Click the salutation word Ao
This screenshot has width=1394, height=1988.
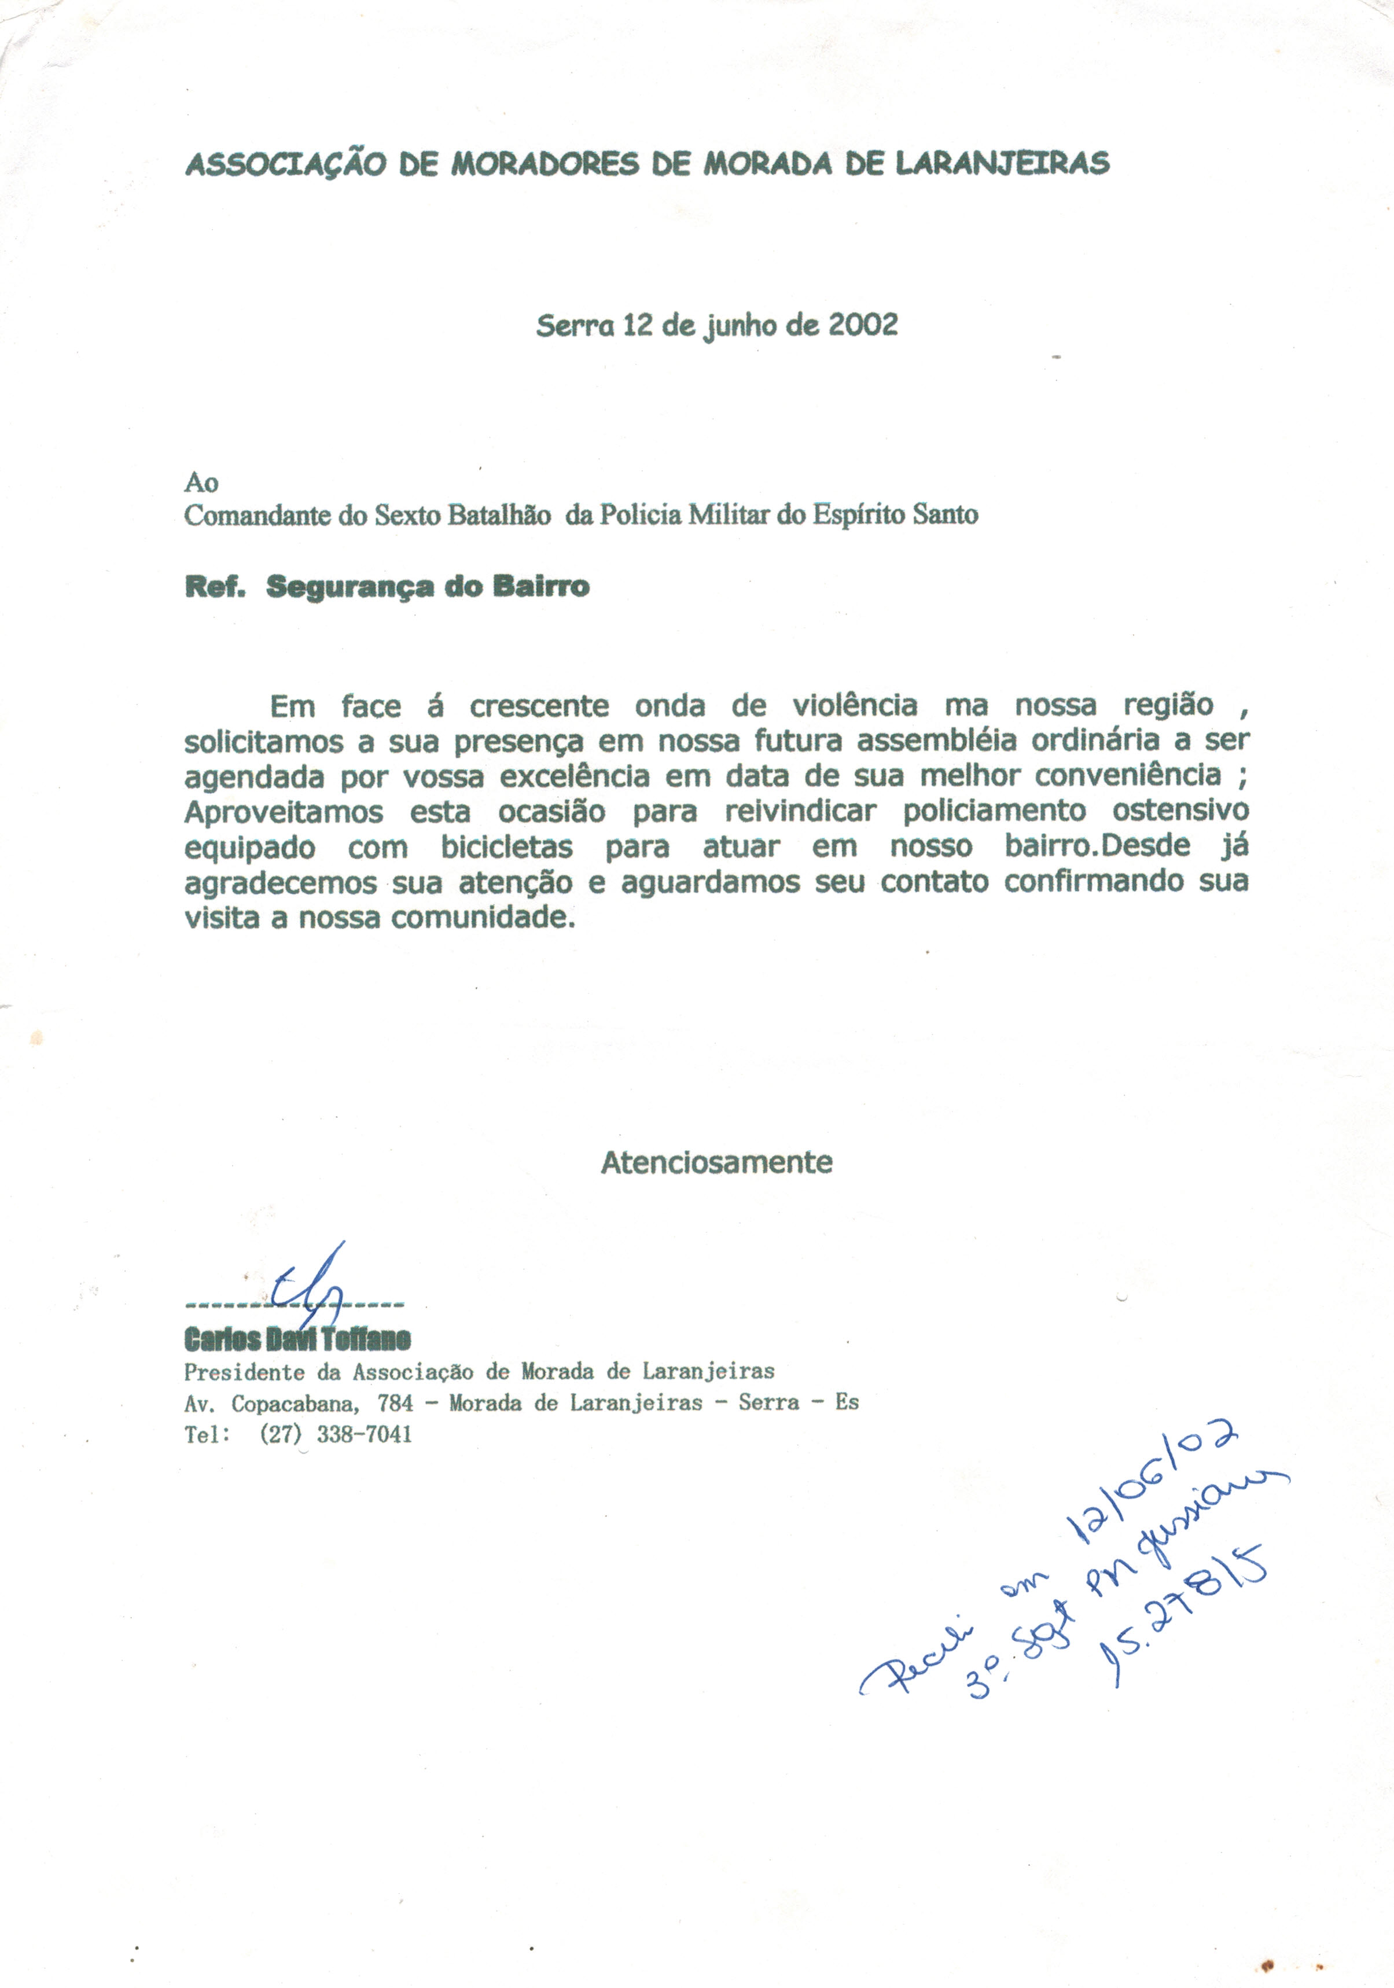click(201, 483)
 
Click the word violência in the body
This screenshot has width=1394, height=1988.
click(855, 706)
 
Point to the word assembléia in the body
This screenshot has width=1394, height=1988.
click(930, 741)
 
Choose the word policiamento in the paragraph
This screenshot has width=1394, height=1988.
click(994, 811)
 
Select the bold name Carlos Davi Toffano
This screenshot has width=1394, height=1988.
click(297, 1339)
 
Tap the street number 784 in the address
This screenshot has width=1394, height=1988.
click(395, 1402)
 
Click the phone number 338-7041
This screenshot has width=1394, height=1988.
click(363, 1435)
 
